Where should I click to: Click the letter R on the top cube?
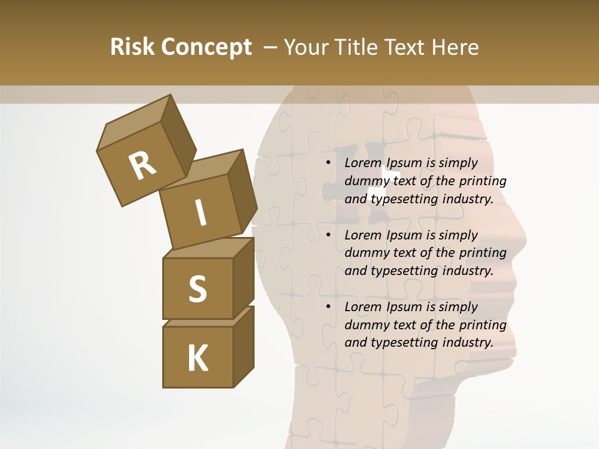(x=142, y=165)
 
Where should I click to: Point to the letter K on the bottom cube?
(x=197, y=358)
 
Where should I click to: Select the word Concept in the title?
(x=206, y=47)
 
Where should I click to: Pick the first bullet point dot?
(x=328, y=163)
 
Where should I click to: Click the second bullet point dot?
(x=328, y=235)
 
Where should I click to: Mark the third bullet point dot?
(x=328, y=307)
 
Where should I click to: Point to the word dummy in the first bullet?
(x=365, y=181)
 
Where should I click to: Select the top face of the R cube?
(x=134, y=122)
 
